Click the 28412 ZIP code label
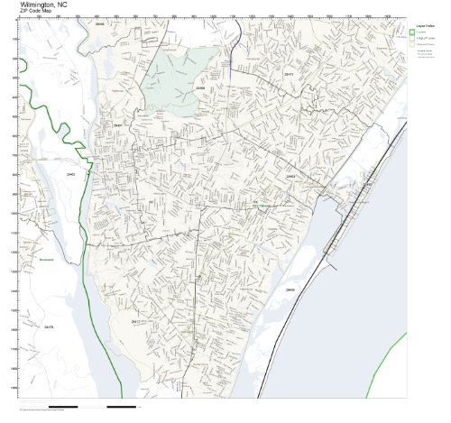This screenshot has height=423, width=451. coord(136,320)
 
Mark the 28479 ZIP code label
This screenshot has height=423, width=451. coord(51,326)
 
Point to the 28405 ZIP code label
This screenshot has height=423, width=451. coord(200,89)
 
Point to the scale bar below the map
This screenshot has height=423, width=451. coord(90,407)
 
